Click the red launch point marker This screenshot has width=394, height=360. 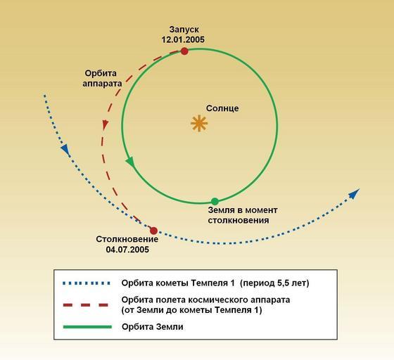pos(184,51)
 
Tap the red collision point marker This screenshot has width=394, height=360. pos(153,231)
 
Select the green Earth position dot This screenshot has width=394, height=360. pos(215,201)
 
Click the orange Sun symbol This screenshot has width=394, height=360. pos(199,123)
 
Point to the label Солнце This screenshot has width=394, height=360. pos(222,108)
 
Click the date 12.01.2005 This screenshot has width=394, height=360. pos(183,39)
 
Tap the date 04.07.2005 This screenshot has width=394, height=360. pos(127,250)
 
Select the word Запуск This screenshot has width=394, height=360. pos(184,30)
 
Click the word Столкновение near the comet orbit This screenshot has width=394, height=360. pos(127,239)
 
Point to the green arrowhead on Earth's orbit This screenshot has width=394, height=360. pos(130,162)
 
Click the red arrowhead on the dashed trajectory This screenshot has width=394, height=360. pos(105,124)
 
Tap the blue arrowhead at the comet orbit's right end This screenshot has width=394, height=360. pos(355,194)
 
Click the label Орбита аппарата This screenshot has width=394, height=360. pos(102,78)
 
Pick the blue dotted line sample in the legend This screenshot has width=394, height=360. pos(87,283)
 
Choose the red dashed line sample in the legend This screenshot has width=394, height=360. pos(86,305)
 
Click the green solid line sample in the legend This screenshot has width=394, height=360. pos(87,327)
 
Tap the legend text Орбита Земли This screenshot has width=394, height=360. pos(153,327)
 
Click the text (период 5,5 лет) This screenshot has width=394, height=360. pos(274,283)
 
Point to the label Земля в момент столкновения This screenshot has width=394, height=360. pos(243,215)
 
